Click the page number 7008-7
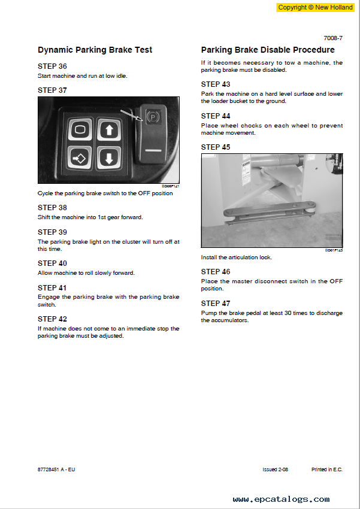tap(333, 38)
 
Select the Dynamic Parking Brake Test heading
tap(95, 50)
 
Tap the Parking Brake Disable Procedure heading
tap(268, 50)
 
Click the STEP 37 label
tap(52, 90)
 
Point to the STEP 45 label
tap(216, 147)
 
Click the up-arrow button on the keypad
tap(109, 129)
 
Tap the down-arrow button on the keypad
tap(109, 158)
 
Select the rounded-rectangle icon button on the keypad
tap(80, 129)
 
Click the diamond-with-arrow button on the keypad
tap(80, 159)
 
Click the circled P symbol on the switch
tap(152, 116)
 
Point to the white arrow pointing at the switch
tap(131, 115)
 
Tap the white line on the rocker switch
tap(153, 151)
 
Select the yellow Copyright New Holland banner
tap(315, 7)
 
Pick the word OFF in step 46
tap(336, 281)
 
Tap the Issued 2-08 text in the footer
tap(276, 469)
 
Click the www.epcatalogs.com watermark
tap(281, 499)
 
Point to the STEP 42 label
tap(52, 319)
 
